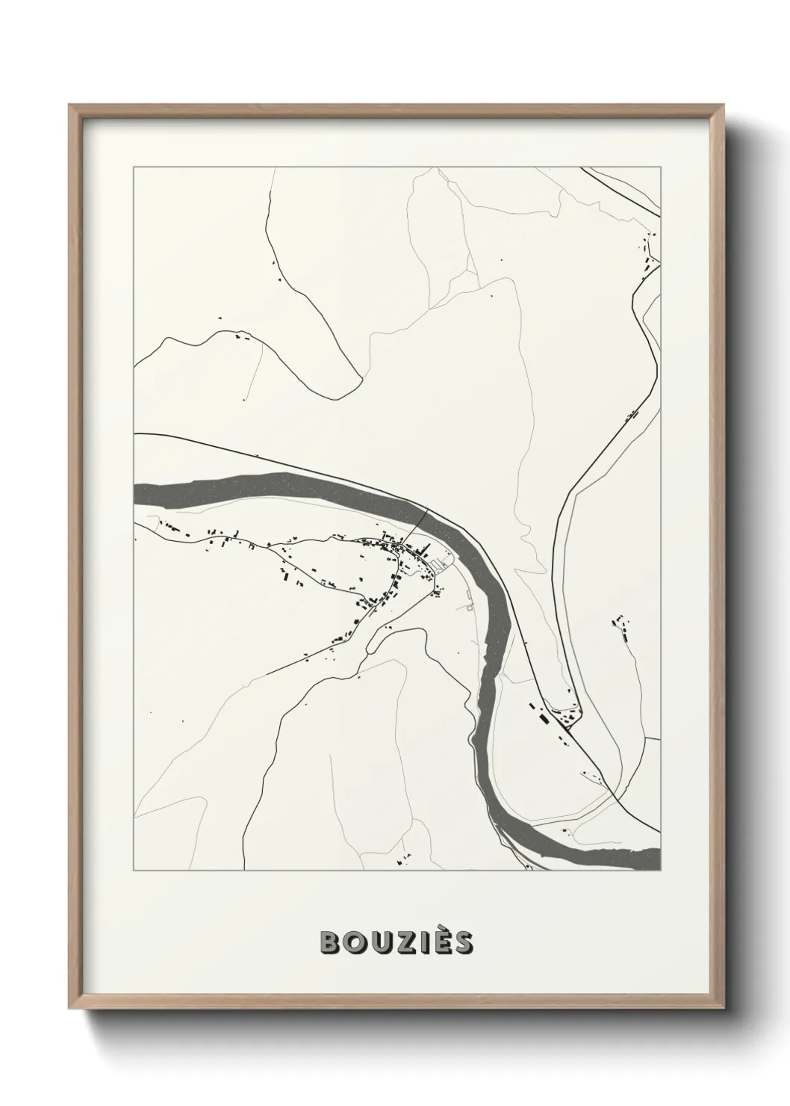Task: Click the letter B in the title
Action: tap(330, 943)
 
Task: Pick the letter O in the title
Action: tap(353, 943)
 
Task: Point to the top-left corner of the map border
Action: tap(134, 168)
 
